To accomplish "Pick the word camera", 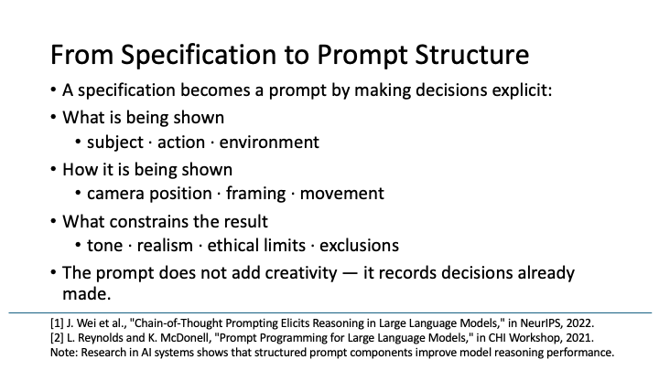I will (x=116, y=194).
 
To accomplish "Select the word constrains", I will (x=150, y=220).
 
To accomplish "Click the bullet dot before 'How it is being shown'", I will (x=53, y=169).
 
